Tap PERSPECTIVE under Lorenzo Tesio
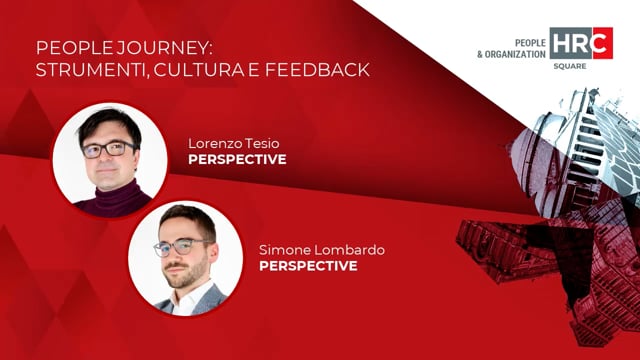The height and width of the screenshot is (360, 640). coord(237,159)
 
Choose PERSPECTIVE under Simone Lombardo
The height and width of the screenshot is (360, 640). coord(308,267)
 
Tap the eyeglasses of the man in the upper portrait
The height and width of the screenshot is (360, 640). coord(109,149)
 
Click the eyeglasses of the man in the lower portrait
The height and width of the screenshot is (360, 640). coord(182,245)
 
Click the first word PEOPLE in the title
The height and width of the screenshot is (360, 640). coord(66,48)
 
